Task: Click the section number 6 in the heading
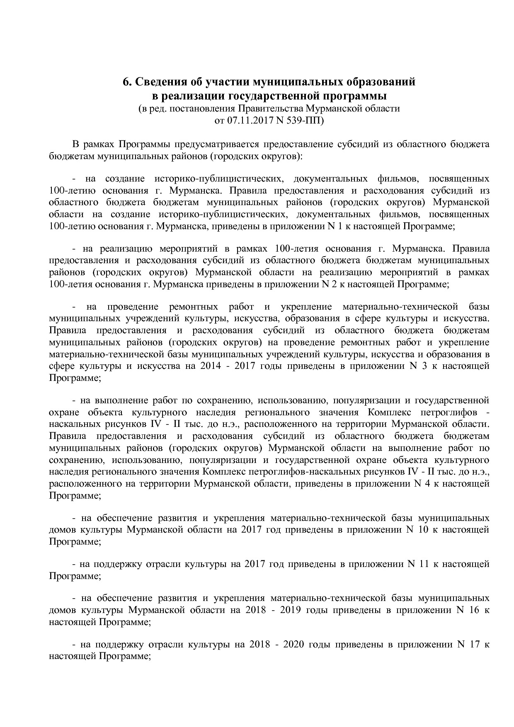pos(126,82)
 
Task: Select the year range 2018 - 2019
pos(271,610)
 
